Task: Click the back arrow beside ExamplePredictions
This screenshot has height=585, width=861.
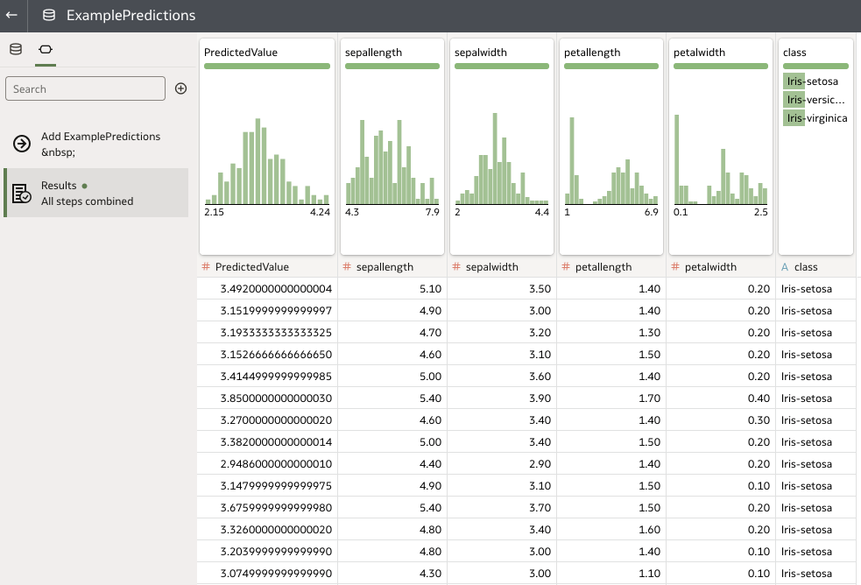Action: click(12, 16)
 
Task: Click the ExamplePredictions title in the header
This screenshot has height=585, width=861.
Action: click(131, 16)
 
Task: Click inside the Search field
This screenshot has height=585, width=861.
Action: click(85, 88)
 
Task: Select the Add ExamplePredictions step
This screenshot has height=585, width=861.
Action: click(100, 144)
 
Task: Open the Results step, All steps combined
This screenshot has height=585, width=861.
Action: click(87, 193)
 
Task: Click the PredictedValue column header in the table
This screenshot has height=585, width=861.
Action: click(252, 267)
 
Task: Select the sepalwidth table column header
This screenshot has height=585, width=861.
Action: click(486, 267)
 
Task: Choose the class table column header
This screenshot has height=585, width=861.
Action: click(805, 267)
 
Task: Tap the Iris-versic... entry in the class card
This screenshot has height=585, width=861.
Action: click(815, 99)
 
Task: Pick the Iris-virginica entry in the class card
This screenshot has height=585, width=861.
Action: click(815, 118)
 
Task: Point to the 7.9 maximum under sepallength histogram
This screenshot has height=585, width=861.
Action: click(432, 212)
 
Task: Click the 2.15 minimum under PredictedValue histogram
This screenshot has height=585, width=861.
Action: click(214, 212)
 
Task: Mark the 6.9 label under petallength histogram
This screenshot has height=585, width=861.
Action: click(651, 212)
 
